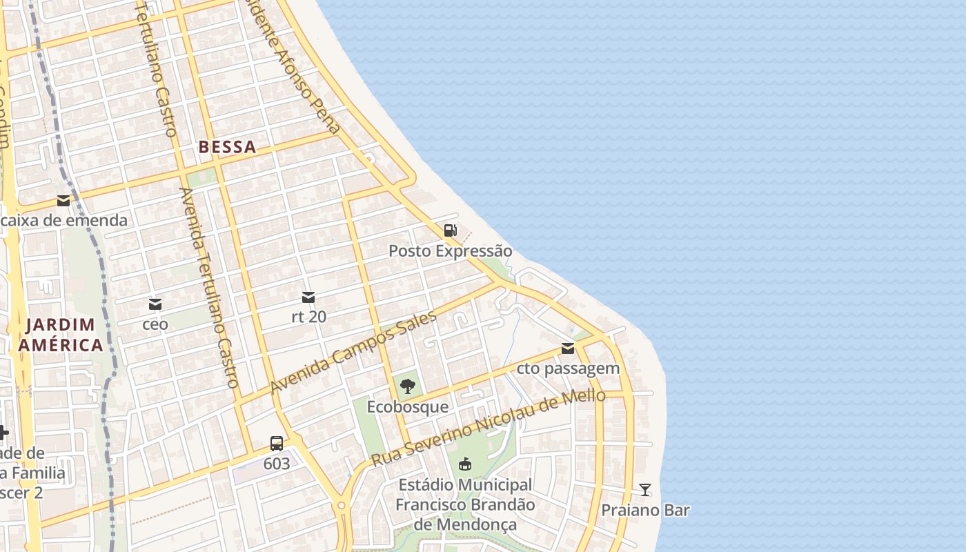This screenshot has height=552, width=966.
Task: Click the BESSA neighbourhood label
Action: tap(227, 147)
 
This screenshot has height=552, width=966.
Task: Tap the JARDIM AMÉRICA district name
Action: tap(61, 335)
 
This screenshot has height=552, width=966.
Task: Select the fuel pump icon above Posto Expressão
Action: tap(450, 230)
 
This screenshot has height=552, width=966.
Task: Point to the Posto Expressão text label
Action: tap(450, 250)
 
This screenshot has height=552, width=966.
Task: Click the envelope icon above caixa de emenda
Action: tap(63, 201)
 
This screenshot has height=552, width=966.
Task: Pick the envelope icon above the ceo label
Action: tap(155, 304)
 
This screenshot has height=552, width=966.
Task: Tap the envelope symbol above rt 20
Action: tap(308, 297)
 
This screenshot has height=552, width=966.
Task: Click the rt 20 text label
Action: tap(308, 317)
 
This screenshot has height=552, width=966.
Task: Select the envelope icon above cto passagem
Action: tap(568, 348)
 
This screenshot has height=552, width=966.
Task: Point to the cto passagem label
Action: tap(568, 368)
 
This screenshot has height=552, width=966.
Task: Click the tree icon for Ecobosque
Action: tap(407, 386)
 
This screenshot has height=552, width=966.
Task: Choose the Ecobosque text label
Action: tap(407, 406)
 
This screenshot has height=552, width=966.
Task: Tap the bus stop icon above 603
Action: tap(277, 444)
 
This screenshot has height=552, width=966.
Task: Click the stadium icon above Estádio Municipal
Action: tap(465, 464)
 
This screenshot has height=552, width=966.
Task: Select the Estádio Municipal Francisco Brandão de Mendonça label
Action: tap(465, 505)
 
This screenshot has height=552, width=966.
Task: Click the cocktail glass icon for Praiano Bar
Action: tap(645, 490)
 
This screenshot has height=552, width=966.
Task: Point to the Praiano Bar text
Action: tap(645, 511)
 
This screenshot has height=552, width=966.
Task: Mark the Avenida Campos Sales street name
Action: tap(353, 352)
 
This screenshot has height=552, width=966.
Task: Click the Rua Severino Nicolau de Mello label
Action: tap(489, 426)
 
